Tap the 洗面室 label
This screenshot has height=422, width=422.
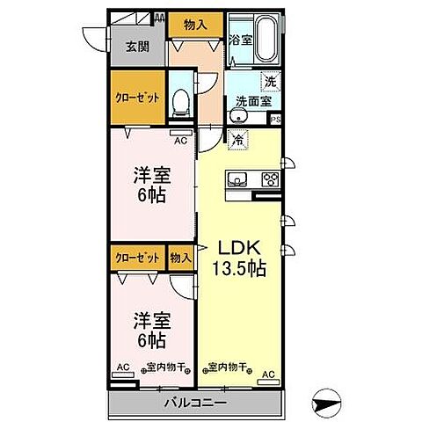pos(251,102)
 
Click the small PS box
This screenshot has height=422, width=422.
pos(275,120)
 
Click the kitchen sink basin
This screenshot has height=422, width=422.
pos(237,180)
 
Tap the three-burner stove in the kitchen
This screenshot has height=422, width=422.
pos(268,180)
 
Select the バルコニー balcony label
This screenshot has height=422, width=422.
pos(195,404)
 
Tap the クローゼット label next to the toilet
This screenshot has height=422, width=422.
pos(135,98)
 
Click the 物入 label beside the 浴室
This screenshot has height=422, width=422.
pos(195,25)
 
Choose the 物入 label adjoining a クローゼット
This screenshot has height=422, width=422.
pos(180,258)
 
